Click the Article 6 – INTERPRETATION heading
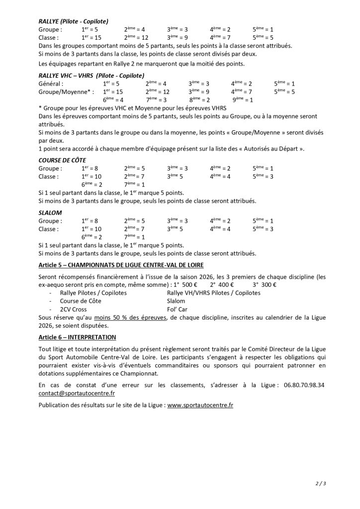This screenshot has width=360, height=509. click(74, 337)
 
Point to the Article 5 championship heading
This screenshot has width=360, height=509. click(121, 265)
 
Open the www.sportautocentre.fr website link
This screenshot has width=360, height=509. click(200, 405)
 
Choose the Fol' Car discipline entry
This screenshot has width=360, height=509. click(179, 308)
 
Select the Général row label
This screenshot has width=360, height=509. click(51, 84)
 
